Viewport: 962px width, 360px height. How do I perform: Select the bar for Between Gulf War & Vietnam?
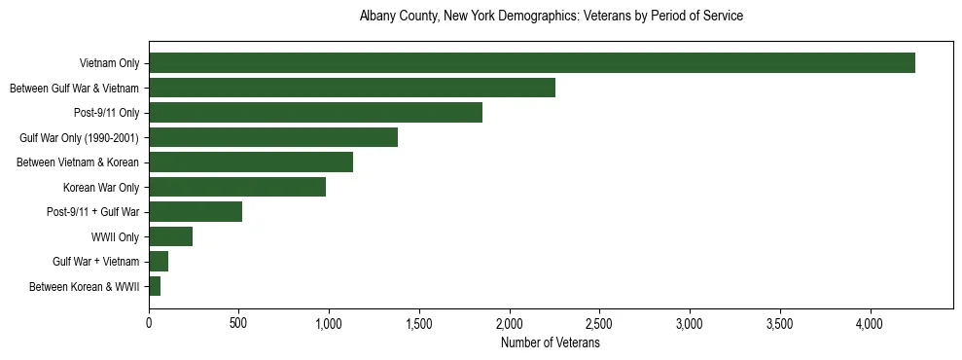tap(351, 88)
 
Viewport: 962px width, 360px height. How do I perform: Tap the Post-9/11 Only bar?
tap(315, 113)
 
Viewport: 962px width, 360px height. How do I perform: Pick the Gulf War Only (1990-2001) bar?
tap(273, 137)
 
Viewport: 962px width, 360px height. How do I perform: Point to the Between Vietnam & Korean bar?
tap(251, 162)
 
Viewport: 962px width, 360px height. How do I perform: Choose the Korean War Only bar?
tap(237, 187)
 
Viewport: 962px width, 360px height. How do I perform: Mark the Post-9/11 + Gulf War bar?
tap(196, 212)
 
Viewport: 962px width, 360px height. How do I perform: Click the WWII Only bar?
tap(171, 236)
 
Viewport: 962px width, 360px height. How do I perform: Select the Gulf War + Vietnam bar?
tap(159, 262)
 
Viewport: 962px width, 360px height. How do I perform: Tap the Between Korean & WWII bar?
tap(155, 286)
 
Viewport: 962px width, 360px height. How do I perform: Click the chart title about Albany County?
tap(551, 17)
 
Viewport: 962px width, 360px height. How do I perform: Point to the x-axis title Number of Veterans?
tap(551, 342)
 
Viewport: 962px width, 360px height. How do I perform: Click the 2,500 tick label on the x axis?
tap(599, 322)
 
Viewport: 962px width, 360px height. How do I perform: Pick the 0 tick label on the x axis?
tap(149, 322)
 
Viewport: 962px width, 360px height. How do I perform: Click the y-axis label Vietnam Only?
tap(109, 63)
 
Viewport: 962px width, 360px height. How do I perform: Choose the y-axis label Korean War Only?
tap(101, 187)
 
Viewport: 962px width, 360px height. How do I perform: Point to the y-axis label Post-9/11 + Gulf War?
tap(93, 212)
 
